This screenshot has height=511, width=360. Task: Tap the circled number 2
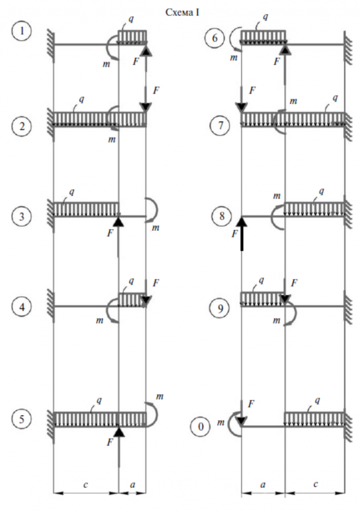click(22, 126)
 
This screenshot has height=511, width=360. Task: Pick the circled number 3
click(22, 216)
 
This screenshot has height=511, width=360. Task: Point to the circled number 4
click(22, 307)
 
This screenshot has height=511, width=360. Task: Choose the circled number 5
click(22, 419)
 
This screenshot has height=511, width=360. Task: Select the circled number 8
click(222, 216)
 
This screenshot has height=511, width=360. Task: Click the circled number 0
click(202, 425)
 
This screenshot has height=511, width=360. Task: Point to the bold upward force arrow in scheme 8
click(242, 233)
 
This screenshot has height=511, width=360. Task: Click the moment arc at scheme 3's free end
click(152, 210)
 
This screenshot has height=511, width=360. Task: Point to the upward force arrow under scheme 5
click(119, 445)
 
